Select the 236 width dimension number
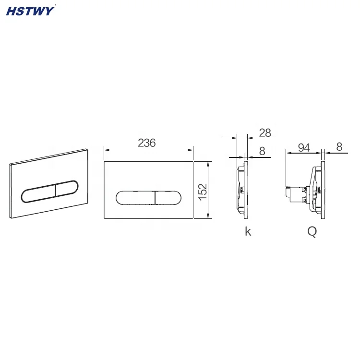pyautogui.click(x=147, y=143)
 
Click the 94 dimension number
pyautogui.click(x=303, y=148)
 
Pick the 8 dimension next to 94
pyautogui.click(x=339, y=148)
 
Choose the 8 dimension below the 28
pyautogui.click(x=262, y=151)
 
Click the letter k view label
pyautogui.click(x=248, y=232)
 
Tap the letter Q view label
pyautogui.click(x=312, y=232)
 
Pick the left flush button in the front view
pyautogui.click(x=135, y=198)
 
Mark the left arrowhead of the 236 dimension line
pyautogui.click(x=106, y=150)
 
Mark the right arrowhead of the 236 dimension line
pyautogui.click(x=192, y=150)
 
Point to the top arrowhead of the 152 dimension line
pyautogui.click(x=208, y=164)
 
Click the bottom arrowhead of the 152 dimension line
pyautogui.click(x=208, y=217)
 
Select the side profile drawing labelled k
pyautogui.click(x=242, y=190)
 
